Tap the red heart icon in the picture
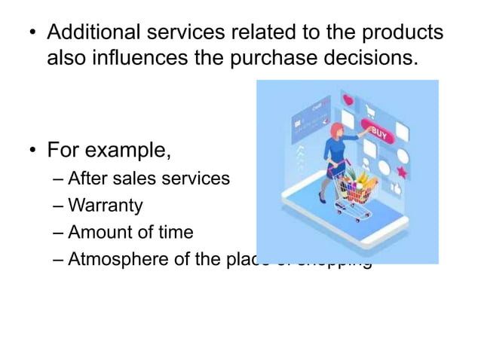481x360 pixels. pos(348,99)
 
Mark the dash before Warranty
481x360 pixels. pos(59,205)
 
